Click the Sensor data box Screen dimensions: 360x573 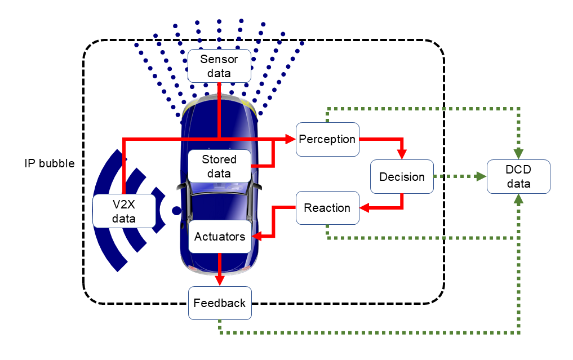tap(219, 65)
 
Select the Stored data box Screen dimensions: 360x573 tap(219, 166)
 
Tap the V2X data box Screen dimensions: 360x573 tap(123, 211)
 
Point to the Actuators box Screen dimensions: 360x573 tap(220, 237)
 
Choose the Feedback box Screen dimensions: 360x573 tap(220, 303)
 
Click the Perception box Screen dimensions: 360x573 tap(327, 139)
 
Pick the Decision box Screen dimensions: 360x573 tap(402, 177)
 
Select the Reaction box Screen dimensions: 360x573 tap(327, 208)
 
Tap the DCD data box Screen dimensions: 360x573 tap(518, 177)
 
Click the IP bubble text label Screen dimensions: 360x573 tap(50, 163)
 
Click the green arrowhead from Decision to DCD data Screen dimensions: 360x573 tap(481, 177)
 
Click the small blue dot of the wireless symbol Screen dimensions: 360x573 tap(177, 211)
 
